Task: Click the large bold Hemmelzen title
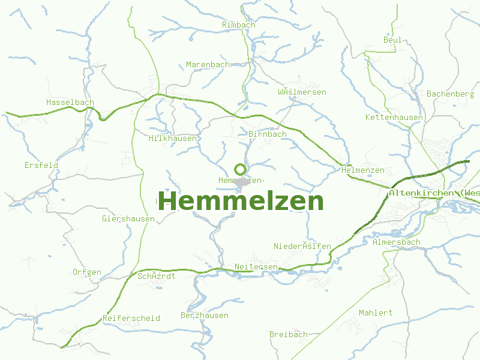pyautogui.click(x=241, y=201)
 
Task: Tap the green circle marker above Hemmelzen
pyautogui.click(x=240, y=169)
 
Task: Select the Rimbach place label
pyautogui.click(x=238, y=25)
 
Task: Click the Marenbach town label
pyautogui.click(x=208, y=64)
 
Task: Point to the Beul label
pyautogui.click(x=392, y=40)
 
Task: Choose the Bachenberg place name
pyautogui.click(x=450, y=94)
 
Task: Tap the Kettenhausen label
pyautogui.click(x=394, y=117)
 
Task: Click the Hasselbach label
pyautogui.click(x=70, y=102)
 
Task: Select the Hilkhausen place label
pyautogui.click(x=173, y=138)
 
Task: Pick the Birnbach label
pyautogui.click(x=268, y=134)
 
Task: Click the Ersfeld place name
pyautogui.click(x=41, y=165)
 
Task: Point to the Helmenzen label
pyautogui.click(x=362, y=170)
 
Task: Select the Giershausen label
pyautogui.click(x=128, y=219)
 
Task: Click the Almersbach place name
pyautogui.click(x=396, y=242)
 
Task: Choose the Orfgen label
pyautogui.click(x=87, y=272)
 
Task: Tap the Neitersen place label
pyautogui.click(x=256, y=266)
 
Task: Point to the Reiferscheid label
pyautogui.click(x=131, y=318)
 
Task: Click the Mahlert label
pyautogui.click(x=376, y=313)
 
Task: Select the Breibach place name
pyautogui.click(x=288, y=334)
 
